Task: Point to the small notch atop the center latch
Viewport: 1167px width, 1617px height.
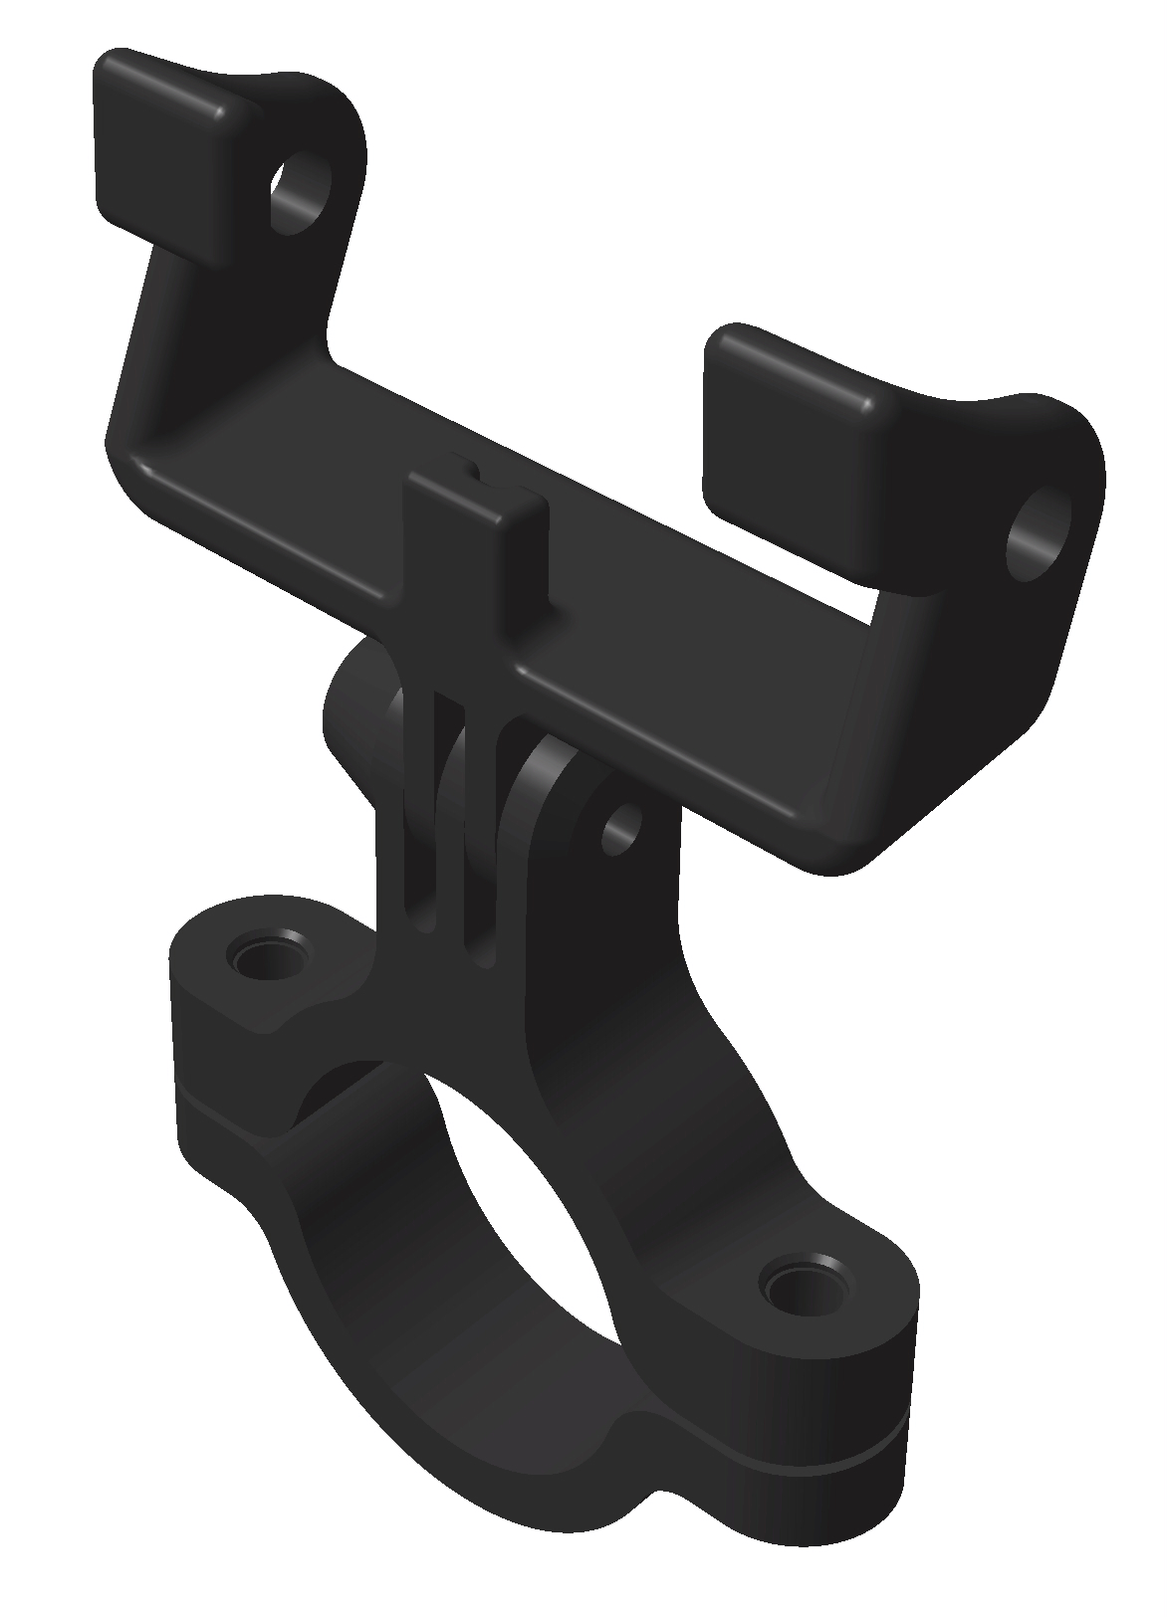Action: pyautogui.click(x=465, y=465)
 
